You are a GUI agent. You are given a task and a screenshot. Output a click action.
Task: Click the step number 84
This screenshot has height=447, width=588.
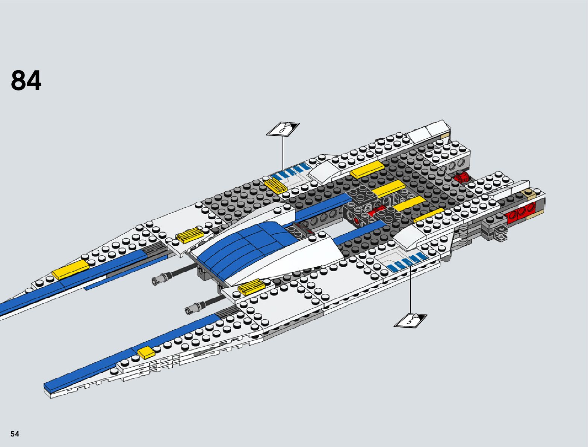coord(26,81)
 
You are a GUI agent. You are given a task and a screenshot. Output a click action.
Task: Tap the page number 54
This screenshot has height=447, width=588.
coord(15,434)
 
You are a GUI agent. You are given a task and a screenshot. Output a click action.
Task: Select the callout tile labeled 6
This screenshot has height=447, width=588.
coord(283,128)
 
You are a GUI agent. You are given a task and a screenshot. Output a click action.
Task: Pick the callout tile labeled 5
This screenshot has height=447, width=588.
coord(410,320)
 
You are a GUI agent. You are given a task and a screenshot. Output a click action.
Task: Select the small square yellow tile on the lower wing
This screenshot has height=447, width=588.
coord(146,352)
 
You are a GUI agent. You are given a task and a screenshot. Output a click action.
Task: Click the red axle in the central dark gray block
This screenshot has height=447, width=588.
coord(376,212)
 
